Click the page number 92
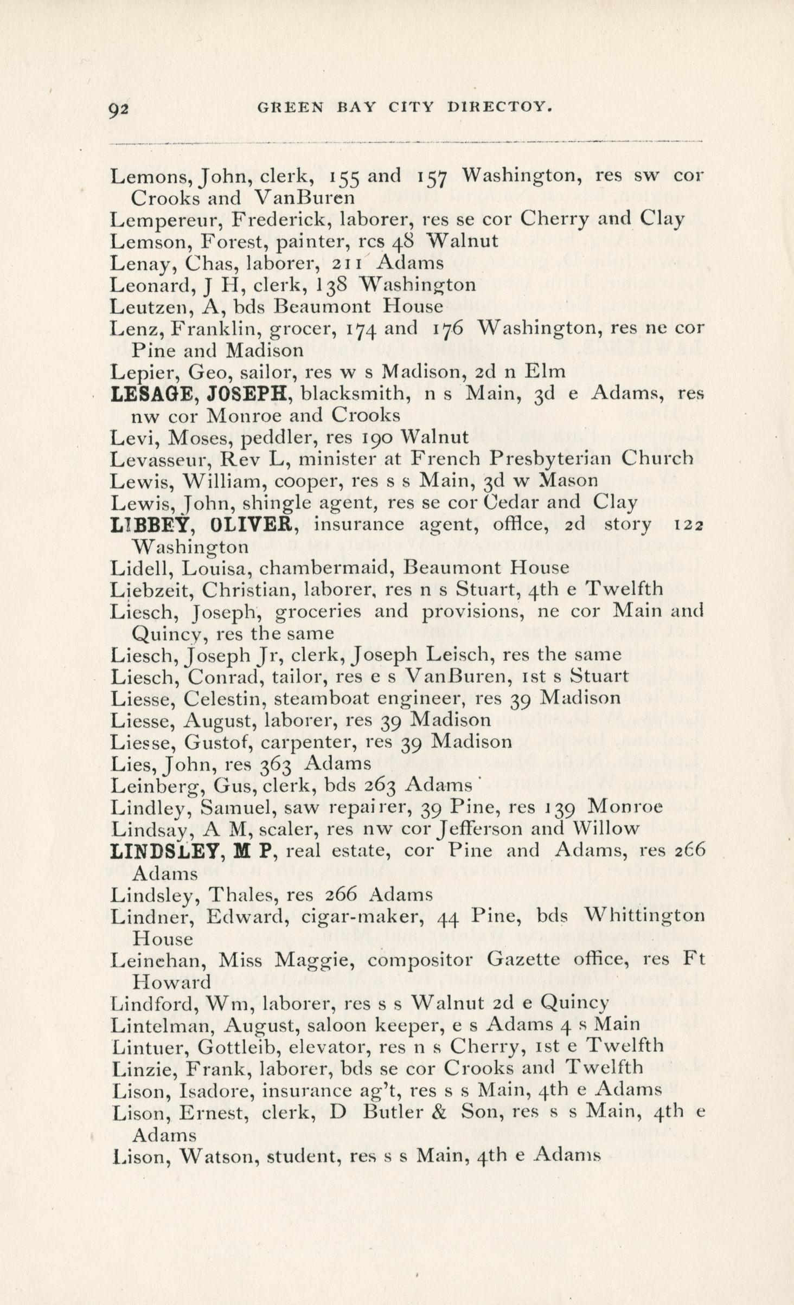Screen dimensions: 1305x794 (x=118, y=110)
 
